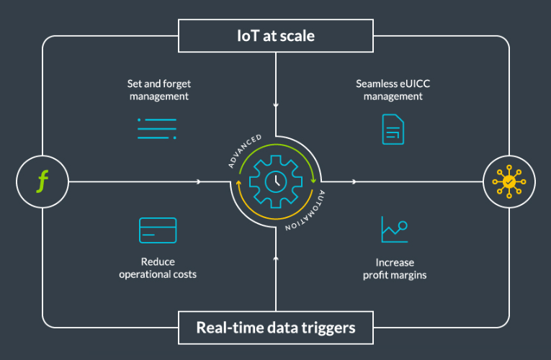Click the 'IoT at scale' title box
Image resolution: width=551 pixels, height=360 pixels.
[x=276, y=35]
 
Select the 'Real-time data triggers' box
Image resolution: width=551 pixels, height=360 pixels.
[x=276, y=328]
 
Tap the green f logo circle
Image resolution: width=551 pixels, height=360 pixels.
[x=42, y=181]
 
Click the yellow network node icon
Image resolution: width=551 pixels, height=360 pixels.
[x=509, y=181]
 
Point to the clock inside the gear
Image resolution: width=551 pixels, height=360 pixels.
[x=276, y=181]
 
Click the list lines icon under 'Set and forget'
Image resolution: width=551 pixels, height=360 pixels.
[x=157, y=127]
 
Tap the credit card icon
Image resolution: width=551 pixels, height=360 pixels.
[x=158, y=230]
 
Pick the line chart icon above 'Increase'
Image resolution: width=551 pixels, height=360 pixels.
[x=395, y=230]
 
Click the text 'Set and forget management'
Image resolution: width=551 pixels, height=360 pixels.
[x=158, y=89]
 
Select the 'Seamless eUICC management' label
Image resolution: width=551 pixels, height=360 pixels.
[x=393, y=89]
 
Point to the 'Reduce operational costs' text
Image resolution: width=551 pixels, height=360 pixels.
[x=158, y=268]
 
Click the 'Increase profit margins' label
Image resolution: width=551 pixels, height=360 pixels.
[x=395, y=268]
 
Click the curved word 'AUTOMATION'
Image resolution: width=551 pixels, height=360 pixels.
[x=308, y=212]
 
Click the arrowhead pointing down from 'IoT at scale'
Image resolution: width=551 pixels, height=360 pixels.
[x=276, y=107]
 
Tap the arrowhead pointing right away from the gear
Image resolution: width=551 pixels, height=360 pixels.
[x=353, y=181]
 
